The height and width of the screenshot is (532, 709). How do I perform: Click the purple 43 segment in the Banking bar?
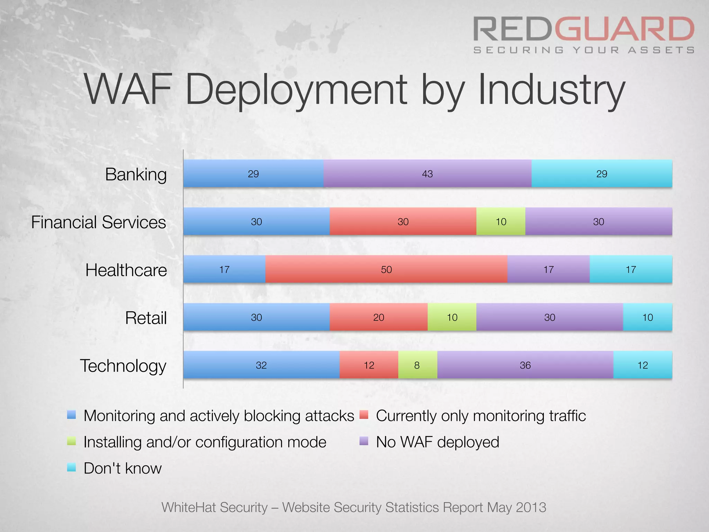[x=427, y=174]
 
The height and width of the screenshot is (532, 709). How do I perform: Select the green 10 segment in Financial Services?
[x=501, y=222]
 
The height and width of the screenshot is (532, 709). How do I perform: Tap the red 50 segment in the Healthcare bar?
[x=386, y=269]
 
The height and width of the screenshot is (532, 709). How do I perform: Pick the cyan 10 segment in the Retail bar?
[x=647, y=317]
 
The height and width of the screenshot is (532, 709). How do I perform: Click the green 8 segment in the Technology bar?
[x=417, y=365]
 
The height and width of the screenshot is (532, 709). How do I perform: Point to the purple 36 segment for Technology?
[x=525, y=365]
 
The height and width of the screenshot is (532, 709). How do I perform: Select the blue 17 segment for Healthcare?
[x=224, y=269]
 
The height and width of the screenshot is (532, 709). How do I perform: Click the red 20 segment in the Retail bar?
[x=378, y=317]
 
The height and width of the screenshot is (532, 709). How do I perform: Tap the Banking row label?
[x=136, y=174]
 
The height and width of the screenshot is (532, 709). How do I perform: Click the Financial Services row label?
[x=99, y=222]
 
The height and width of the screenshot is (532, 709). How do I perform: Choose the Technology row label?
[x=123, y=366]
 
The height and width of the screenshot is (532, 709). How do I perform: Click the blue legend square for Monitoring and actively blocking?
[x=71, y=415]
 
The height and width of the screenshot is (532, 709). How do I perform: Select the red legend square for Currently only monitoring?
[x=364, y=415]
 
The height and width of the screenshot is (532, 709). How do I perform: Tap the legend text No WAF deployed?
[x=438, y=442]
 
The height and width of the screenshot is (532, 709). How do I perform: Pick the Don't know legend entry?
[x=123, y=468]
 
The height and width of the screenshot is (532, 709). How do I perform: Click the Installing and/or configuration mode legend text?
[x=205, y=442]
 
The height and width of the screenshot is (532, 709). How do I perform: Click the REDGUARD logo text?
[x=584, y=29]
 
